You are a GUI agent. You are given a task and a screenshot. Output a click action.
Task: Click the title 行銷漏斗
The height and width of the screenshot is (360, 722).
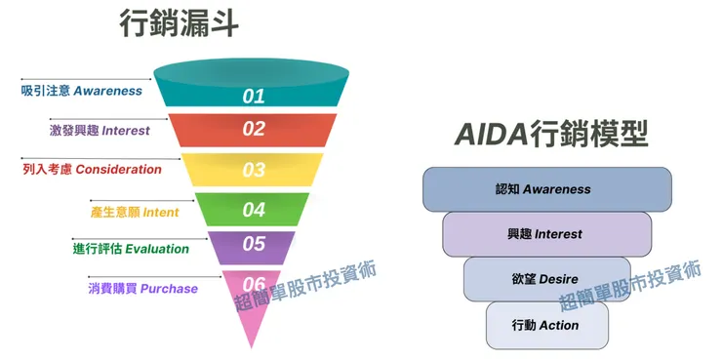[179, 24]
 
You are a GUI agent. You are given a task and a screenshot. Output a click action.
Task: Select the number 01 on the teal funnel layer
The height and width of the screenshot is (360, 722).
[254, 96]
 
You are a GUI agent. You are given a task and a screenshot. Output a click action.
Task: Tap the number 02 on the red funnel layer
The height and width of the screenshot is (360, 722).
[254, 129]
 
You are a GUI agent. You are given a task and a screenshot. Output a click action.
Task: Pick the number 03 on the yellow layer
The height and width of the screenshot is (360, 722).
[254, 170]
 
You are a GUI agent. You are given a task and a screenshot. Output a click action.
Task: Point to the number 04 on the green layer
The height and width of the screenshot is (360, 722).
[254, 209]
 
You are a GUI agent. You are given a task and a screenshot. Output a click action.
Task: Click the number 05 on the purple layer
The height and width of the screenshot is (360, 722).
[254, 245]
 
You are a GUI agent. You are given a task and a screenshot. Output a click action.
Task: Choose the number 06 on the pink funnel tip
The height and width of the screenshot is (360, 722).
[254, 284]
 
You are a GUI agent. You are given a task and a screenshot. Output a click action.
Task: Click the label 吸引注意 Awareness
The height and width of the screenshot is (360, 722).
[82, 91]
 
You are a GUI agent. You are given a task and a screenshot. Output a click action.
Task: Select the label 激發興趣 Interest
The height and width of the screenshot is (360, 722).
[100, 130]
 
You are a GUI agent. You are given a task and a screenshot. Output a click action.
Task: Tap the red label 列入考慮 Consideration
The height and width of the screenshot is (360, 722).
[92, 169]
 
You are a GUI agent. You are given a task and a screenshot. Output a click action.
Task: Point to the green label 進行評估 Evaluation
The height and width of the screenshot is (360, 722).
[131, 249]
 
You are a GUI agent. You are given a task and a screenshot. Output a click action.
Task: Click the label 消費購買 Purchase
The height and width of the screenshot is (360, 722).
[142, 289]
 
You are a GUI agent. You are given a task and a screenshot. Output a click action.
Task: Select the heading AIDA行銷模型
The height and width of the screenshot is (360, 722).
[551, 135]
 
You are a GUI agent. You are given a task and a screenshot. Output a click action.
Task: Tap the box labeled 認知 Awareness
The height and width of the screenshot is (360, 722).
[546, 189]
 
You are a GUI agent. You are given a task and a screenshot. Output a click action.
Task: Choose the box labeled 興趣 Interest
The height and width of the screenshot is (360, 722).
[546, 234]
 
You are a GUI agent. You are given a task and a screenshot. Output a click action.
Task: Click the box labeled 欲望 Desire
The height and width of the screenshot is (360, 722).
[546, 279]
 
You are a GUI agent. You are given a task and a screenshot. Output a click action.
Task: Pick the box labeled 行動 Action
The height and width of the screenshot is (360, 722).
[546, 325]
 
